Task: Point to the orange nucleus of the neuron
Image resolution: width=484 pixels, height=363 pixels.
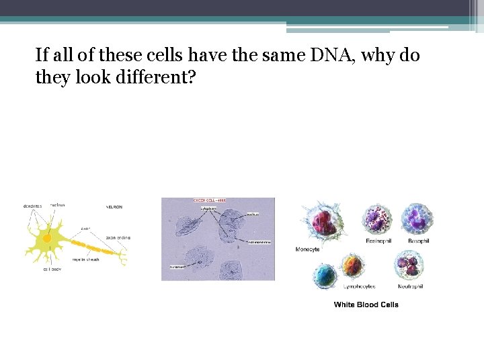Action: coord(47,238)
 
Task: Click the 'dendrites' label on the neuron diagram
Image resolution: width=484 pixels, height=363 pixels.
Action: coord(33,206)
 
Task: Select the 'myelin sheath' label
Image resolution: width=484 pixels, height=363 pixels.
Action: coord(87,259)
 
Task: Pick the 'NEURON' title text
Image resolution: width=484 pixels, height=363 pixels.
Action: coord(114,206)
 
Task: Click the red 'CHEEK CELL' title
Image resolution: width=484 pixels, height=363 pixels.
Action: coord(210,200)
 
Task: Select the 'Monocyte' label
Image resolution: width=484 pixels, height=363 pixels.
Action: coord(307,249)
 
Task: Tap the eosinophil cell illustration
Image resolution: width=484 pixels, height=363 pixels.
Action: coord(377,219)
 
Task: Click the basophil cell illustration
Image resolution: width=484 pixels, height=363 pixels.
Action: coord(417,219)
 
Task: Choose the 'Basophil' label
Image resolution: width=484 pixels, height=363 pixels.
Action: coord(419,241)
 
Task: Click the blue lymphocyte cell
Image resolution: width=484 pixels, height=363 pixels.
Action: coord(326,275)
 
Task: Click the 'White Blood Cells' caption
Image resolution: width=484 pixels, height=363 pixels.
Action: coord(366,305)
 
